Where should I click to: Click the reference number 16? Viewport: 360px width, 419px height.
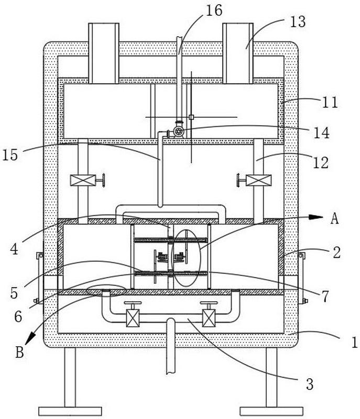[214, 10]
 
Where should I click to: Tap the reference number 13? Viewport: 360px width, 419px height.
[298, 21]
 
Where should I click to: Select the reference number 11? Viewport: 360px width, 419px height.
[330, 102]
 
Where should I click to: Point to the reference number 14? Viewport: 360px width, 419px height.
[321, 133]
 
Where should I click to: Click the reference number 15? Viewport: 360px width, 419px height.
[10, 155]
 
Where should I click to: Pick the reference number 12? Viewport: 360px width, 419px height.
[321, 162]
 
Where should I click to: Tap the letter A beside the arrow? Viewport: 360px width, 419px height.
[334, 218]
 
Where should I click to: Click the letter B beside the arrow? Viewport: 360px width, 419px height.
[19, 352]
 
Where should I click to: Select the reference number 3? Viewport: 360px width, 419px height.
[310, 384]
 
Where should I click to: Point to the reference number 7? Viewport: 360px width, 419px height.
[325, 296]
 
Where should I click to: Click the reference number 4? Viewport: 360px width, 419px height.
[14, 249]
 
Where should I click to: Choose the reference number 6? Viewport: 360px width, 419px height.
[18, 317]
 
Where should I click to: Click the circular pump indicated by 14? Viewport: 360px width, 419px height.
[178, 131]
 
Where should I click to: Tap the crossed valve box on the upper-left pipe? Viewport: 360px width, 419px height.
[83, 180]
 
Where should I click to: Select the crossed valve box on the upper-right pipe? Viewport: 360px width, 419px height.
[258, 180]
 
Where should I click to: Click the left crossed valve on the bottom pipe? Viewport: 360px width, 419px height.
[133, 318]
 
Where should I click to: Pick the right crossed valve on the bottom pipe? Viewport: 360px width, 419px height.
[209, 318]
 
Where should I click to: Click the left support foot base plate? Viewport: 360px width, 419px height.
[70, 411]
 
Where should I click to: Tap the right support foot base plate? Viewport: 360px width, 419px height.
[271, 411]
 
